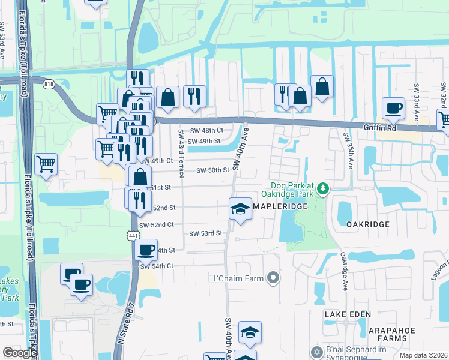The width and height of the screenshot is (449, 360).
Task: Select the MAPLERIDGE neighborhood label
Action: pyautogui.click(x=280, y=206)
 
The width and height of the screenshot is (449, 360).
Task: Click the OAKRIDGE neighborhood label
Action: pyautogui.click(x=368, y=224)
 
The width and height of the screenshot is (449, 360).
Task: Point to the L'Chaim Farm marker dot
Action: pyautogui.click(x=274, y=278)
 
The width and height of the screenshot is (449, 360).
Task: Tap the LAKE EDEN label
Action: pyautogui.click(x=348, y=314)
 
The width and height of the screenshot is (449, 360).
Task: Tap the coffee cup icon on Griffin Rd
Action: pyautogui.click(x=394, y=109)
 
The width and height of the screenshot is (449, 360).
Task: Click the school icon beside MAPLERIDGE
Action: pyautogui.click(x=240, y=209)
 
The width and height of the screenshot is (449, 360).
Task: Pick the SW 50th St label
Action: pyautogui.click(x=213, y=170)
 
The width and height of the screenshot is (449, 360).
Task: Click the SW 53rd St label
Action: pyautogui.click(x=206, y=233)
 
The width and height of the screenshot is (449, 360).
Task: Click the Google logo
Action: pyautogui.click(x=20, y=353)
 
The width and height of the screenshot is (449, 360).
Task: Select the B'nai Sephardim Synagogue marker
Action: pyautogui.click(x=316, y=351)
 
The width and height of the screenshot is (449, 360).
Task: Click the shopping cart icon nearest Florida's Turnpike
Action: pyautogui.click(x=46, y=163)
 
